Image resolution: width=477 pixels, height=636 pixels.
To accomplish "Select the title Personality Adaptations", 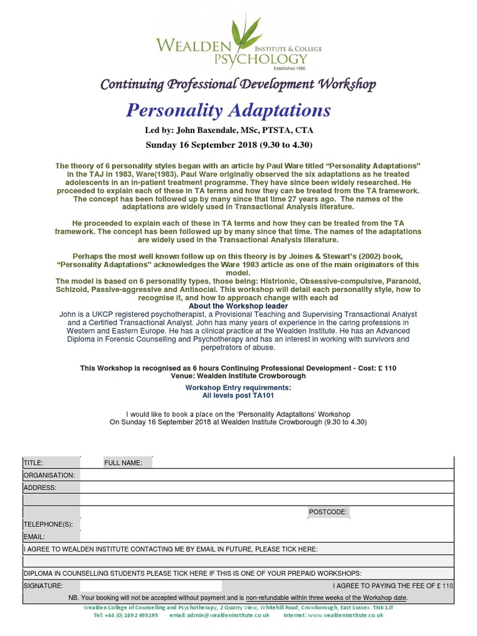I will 229,111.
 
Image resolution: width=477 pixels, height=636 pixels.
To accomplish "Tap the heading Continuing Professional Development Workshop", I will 238,84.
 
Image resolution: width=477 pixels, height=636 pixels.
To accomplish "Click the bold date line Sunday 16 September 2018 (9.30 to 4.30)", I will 229,145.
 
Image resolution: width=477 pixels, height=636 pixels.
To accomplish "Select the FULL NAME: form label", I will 123,463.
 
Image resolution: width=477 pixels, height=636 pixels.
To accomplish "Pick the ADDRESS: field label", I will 40,488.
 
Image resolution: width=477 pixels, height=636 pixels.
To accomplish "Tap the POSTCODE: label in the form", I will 328,512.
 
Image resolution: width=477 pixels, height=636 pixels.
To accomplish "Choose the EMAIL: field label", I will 34,537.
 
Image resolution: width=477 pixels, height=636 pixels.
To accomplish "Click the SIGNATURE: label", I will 43,586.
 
